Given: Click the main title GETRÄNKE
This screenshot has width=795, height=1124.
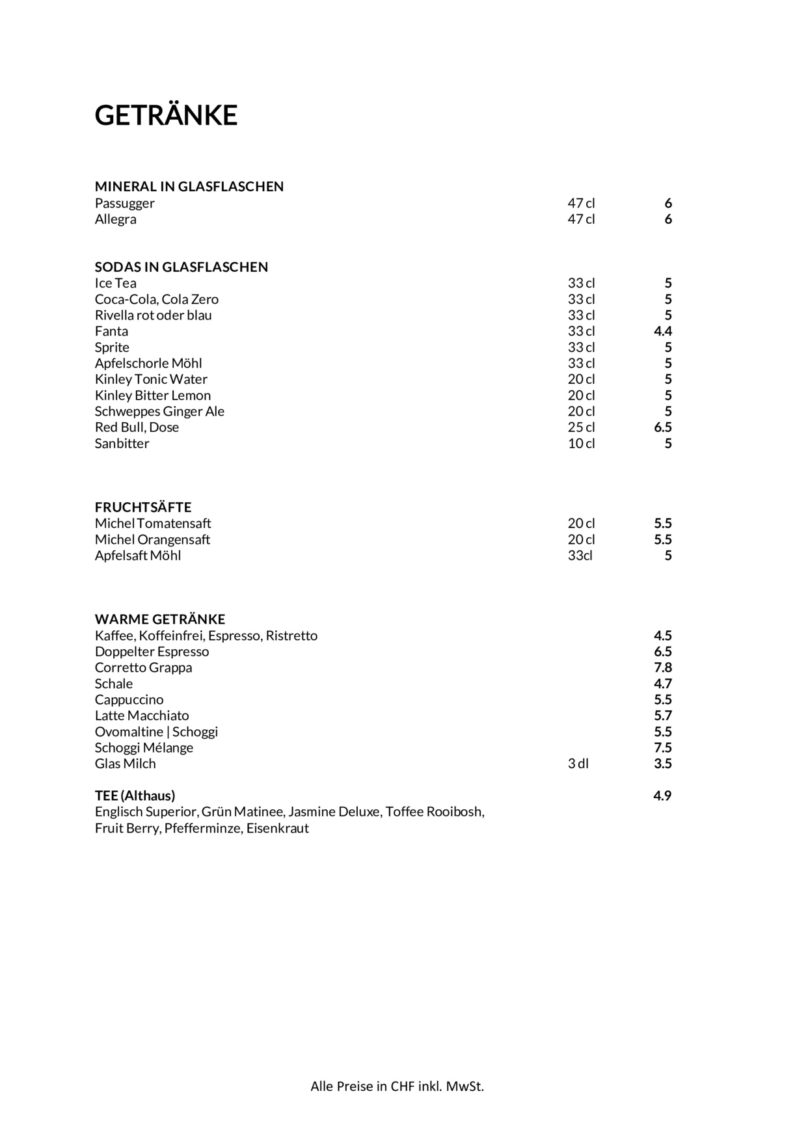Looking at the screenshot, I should point(166,115).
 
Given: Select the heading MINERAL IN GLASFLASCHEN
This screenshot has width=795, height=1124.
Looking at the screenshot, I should point(189,187).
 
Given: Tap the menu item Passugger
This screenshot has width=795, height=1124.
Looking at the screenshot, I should point(125,203).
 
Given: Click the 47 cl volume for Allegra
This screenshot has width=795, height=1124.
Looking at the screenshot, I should point(581,219).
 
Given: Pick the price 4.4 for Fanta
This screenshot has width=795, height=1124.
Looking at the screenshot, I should point(662,331).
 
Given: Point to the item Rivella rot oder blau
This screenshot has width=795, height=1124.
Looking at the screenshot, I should point(154,315).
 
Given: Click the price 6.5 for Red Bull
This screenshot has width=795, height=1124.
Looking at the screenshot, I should point(662,427).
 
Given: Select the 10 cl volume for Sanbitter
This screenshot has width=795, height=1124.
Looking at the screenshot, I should point(581,444).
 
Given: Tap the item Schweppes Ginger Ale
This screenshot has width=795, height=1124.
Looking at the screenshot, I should point(159,411).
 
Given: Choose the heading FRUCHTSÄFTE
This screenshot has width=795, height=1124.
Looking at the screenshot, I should point(143,507).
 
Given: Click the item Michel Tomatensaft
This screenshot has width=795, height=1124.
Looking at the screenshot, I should point(153,524).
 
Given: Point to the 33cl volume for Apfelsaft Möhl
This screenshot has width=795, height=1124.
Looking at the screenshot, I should point(580,555).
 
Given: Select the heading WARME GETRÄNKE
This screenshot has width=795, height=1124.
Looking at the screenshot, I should point(160,619).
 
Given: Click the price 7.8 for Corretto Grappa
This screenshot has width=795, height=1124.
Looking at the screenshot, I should point(662,667).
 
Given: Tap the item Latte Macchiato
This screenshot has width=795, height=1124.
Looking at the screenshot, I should point(142,716).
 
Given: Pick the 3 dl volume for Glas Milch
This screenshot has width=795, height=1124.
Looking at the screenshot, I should point(578,764).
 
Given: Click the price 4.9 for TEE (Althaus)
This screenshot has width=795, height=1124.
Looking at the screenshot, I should point(662,796).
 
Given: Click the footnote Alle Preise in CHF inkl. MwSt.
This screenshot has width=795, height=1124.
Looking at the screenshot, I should point(397,1086).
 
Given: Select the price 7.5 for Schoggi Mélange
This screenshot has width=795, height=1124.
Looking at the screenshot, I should point(662,747).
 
